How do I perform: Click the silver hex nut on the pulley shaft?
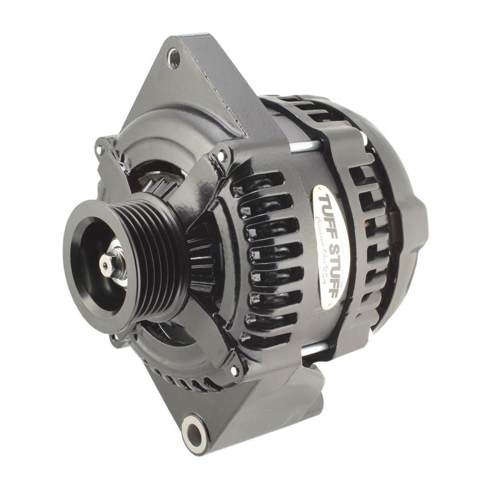click(x=104, y=264)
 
